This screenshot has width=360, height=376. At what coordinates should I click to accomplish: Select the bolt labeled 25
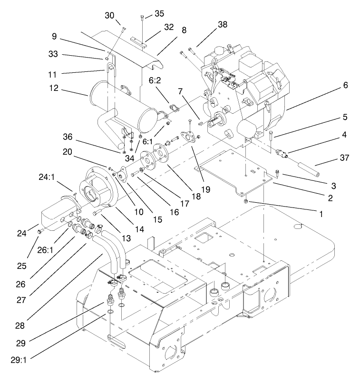point(40,231)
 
